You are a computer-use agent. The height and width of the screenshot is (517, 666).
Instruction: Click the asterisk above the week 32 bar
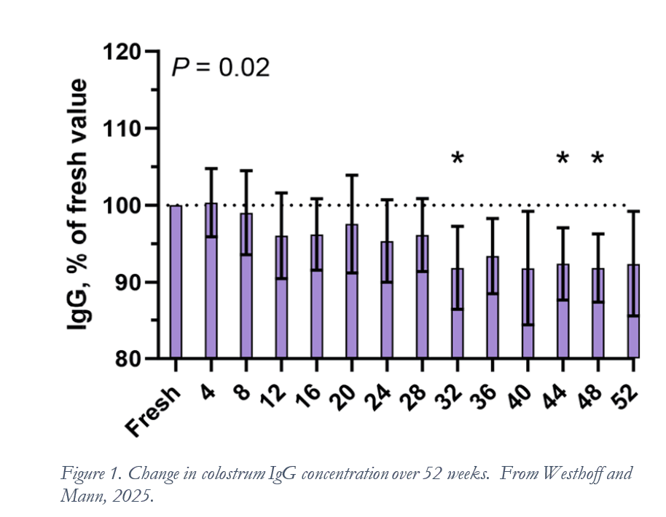tap(457, 159)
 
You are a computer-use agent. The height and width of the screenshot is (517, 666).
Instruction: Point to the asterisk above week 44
tap(563, 159)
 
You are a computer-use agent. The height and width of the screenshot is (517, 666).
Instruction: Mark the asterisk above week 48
tap(598, 159)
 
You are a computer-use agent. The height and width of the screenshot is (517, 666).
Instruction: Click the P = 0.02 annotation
tap(220, 68)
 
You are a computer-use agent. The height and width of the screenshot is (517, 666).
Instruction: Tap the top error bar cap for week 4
tap(211, 168)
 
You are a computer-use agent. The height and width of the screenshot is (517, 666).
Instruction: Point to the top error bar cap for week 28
tap(422, 198)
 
